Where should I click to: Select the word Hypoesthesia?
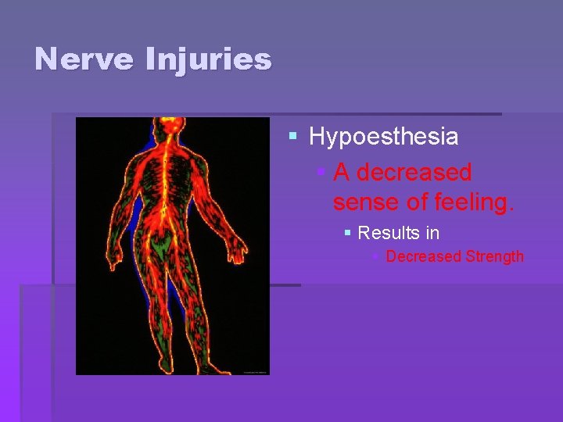(383, 137)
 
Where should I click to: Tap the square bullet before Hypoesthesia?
(293, 136)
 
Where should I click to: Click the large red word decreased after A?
(414, 172)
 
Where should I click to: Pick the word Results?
(388, 233)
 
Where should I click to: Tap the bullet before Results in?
(348, 233)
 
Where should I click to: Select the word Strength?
(495, 256)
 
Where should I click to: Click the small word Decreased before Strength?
(424, 256)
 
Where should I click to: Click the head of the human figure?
(167, 127)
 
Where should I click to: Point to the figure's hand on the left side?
(116, 254)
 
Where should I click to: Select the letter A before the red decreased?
(341, 172)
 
